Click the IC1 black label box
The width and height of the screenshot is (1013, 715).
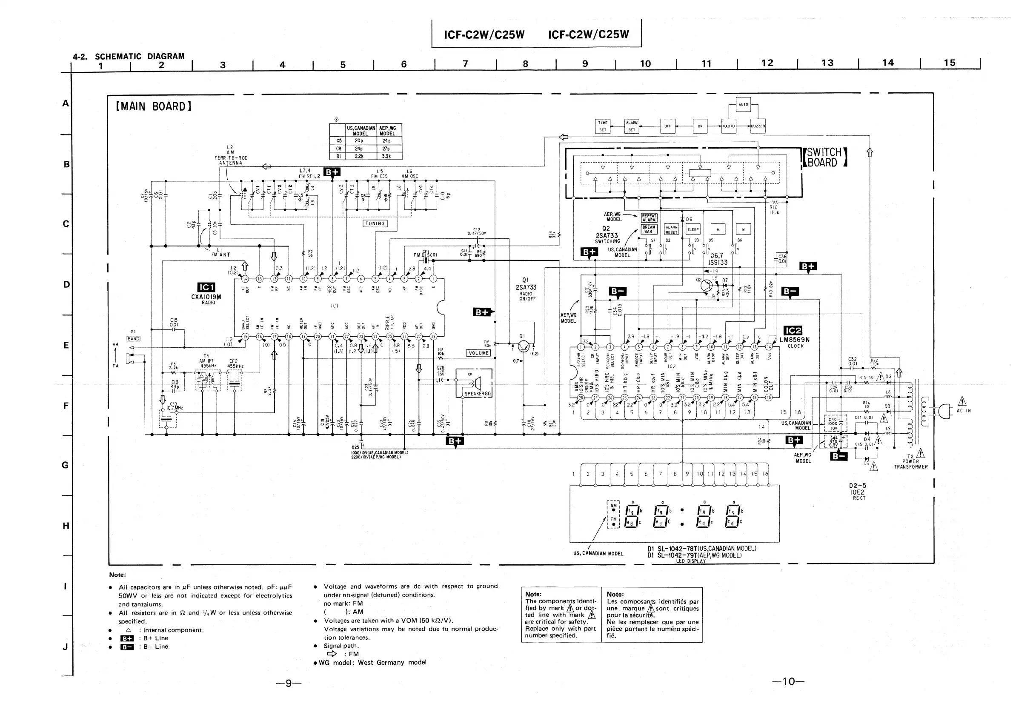(206, 288)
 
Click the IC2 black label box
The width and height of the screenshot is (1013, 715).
(793, 331)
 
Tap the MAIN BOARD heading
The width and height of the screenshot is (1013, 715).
(153, 107)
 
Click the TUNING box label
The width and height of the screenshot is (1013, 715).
(375, 223)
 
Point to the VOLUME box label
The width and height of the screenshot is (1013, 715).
(478, 353)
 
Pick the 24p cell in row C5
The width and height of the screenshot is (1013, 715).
(386, 141)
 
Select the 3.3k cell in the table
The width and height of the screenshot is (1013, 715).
(386, 156)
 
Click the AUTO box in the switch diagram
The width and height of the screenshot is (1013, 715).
(744, 105)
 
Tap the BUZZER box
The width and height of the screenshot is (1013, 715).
(758, 126)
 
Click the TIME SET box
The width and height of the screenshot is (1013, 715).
(603, 126)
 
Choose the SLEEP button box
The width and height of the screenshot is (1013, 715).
(693, 229)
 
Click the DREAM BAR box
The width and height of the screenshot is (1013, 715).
(649, 229)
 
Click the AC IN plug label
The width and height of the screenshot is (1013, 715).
(964, 411)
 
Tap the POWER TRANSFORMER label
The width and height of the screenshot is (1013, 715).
(911, 463)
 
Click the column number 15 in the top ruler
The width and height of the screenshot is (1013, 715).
(950, 63)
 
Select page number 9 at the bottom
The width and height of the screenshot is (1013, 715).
(289, 683)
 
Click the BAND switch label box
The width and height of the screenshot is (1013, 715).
(133, 339)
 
